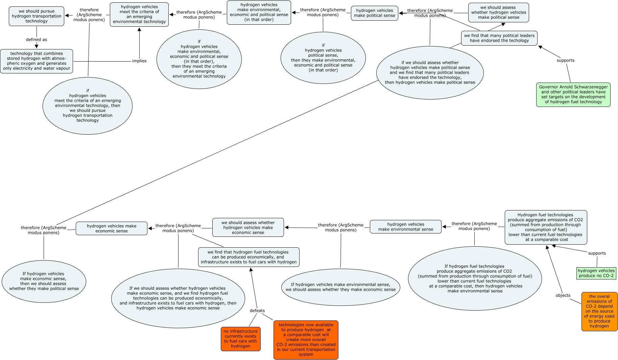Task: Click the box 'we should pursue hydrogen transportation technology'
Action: tap(37, 16)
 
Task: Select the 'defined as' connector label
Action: tap(37, 40)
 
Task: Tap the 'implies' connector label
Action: tap(139, 61)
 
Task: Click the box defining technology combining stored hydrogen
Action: tap(37, 61)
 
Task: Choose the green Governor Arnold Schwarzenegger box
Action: tap(573, 94)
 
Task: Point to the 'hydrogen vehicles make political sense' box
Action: tap(375, 13)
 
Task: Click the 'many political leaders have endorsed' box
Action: tap(499, 38)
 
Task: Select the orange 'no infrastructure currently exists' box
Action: tap(240, 339)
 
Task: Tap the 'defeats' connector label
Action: tap(257, 311)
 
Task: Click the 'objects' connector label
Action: tap(563, 295)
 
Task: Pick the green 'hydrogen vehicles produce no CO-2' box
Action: tap(596, 273)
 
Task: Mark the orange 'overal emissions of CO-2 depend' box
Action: tap(599, 311)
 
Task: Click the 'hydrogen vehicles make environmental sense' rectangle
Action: tap(405, 227)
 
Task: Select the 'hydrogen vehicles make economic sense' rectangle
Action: tap(112, 228)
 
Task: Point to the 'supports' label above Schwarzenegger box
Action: tap(565, 61)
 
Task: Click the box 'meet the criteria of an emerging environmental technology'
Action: tap(139, 14)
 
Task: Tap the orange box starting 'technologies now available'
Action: tap(306, 340)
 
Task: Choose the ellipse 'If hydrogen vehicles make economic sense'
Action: tap(44, 281)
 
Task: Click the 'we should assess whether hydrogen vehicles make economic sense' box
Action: tap(248, 227)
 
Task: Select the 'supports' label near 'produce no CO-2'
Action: tap(597, 253)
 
